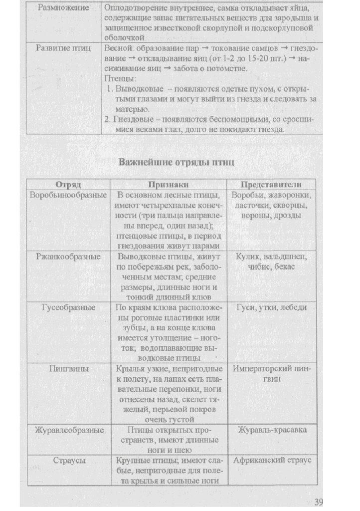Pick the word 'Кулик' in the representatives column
point(248,256)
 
